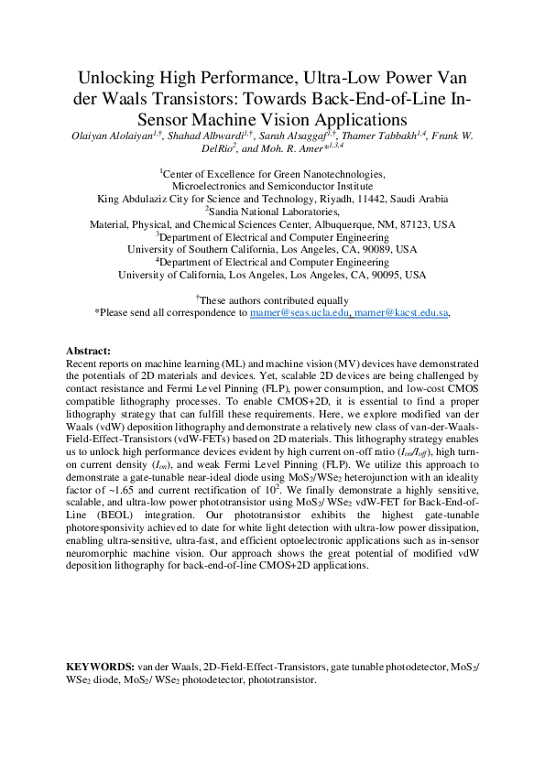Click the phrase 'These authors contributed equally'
[x=274, y=300]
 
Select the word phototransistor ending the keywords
[x=283, y=680]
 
